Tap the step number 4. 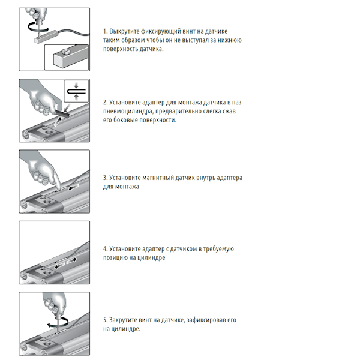tap(105, 249)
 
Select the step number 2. tap(105, 103)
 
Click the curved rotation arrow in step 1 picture tap(38, 27)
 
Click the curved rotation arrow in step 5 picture tap(58, 322)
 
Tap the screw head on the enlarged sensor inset tap(66, 51)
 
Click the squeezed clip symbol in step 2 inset tap(76, 91)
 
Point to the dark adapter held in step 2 tap(62, 113)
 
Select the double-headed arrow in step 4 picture tap(65, 263)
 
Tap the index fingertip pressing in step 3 tap(58, 187)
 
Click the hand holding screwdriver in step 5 tap(54, 302)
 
